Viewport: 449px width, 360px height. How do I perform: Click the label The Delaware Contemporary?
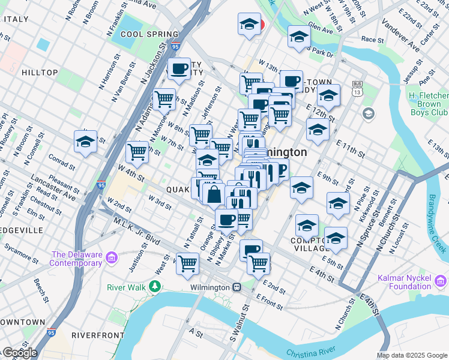coord(76,259)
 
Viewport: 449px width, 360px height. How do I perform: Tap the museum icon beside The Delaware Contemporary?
coord(111,259)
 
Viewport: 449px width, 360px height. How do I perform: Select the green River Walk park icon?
coord(156,286)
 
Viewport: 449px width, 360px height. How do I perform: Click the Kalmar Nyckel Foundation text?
coord(405,282)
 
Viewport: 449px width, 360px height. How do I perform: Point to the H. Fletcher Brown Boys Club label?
coord(428,104)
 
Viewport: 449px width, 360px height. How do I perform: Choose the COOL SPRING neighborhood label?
coord(149,34)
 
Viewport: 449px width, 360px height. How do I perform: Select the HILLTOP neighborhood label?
coord(40,73)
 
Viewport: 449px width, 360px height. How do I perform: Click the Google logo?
coord(19,353)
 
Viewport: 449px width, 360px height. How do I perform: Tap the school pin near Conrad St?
coord(86,142)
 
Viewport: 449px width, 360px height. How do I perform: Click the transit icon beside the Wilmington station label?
coord(237,287)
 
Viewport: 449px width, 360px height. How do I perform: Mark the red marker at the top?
coord(260,25)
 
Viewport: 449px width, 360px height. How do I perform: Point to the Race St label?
coord(372,40)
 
